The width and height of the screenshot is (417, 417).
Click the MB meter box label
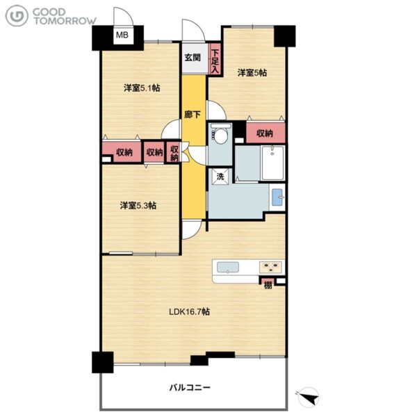pyautogui.click(x=122, y=35)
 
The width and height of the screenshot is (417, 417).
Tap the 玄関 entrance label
pyautogui.click(x=193, y=58)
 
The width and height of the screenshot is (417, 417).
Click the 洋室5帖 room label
pyautogui.click(x=252, y=72)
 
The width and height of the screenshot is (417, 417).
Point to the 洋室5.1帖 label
pyautogui.click(x=142, y=88)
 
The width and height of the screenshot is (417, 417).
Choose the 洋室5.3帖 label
pyautogui.click(x=138, y=205)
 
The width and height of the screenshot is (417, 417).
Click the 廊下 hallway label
pyautogui.click(x=193, y=115)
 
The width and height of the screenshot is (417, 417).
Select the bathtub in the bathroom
pyautogui.click(x=273, y=163)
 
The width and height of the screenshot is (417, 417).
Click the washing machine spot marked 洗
pyautogui.click(x=220, y=177)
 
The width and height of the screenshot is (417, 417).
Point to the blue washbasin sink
pyautogui.click(x=277, y=197)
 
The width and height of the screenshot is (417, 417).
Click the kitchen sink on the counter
pyautogui.click(x=228, y=268)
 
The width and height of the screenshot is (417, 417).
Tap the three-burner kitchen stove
pyautogui.click(x=270, y=267)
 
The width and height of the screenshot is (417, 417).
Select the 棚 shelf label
pyautogui.click(x=268, y=286)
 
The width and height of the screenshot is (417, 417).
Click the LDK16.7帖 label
pyautogui.click(x=189, y=311)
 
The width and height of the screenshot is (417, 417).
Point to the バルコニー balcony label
pyautogui.click(x=190, y=387)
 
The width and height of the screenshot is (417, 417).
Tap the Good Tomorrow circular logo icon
pyautogui.click(x=17, y=16)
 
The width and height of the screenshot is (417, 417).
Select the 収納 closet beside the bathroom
pyautogui.click(x=265, y=133)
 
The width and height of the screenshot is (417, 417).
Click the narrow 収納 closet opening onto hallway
pyautogui.click(x=174, y=153)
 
